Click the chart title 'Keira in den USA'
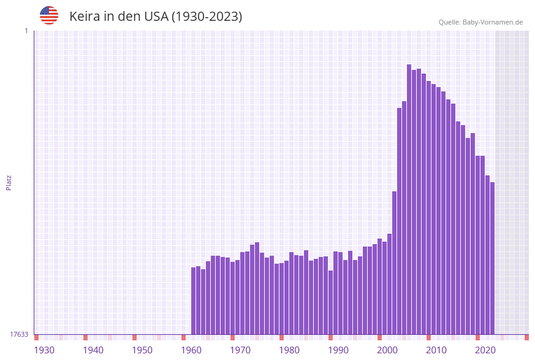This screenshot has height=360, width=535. [x=156, y=17]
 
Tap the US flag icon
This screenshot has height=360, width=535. [x=49, y=15]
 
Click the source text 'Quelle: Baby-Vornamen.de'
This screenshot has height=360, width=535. [x=480, y=22]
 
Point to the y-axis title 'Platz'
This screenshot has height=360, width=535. [x=9, y=182]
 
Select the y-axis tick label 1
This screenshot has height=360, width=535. [x=26, y=31]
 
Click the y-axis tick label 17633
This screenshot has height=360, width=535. [x=18, y=334]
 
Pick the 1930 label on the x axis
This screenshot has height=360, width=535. [x=44, y=350]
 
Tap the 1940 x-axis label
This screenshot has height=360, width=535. [x=93, y=350]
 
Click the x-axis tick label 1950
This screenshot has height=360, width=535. [x=142, y=350]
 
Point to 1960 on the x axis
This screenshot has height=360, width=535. [x=191, y=350]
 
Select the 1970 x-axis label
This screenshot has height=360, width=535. [x=240, y=350]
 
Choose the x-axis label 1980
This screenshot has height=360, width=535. [x=289, y=350]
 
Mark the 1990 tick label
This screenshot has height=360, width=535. [x=338, y=350]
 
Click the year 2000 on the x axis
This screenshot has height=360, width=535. [x=387, y=350]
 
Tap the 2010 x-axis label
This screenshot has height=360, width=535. [x=436, y=350]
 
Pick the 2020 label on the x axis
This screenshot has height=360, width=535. [x=485, y=350]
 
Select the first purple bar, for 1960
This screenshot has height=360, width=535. [x=193, y=301]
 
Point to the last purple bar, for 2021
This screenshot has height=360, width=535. [x=492, y=258]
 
